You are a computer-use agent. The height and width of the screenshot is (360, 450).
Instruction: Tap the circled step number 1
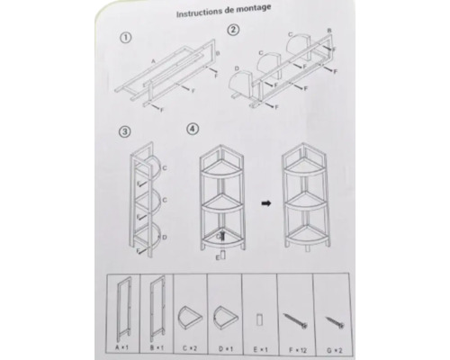(126, 39)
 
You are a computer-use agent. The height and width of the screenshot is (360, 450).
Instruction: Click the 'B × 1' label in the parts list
(159, 346)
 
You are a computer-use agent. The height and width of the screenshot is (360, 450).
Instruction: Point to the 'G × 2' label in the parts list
(334, 346)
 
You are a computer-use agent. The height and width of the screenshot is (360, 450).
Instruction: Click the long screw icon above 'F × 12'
(297, 318)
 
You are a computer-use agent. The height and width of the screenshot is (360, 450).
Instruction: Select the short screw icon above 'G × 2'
(332, 319)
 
